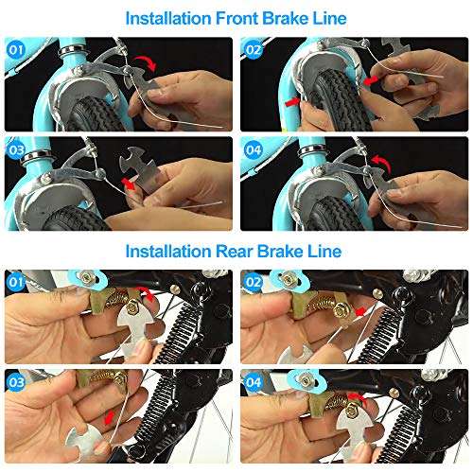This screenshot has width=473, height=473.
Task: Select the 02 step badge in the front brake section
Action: pos(254,45)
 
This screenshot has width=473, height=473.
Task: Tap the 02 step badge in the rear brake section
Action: pos(254,281)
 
